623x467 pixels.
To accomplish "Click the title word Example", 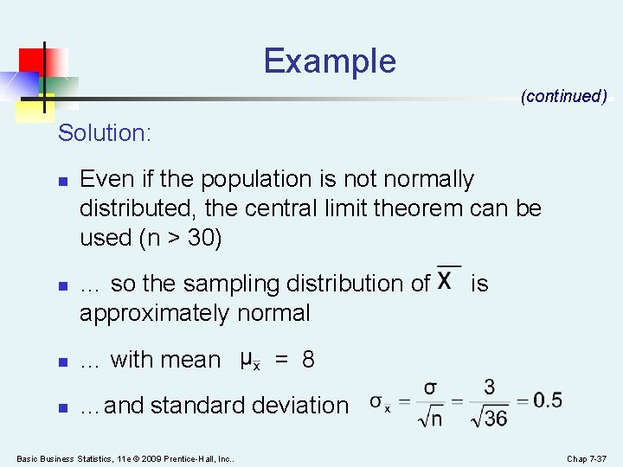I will click(330, 61).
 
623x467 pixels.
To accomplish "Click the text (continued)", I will click(563, 96).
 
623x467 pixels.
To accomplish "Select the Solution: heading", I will click(105, 133).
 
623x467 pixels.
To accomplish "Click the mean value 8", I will click(308, 360).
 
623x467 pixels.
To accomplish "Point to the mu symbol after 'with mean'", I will click(247, 358).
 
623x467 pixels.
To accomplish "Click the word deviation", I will click(298, 406).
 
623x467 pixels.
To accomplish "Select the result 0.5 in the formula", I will click(547, 400).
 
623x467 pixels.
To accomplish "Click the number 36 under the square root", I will click(496, 419).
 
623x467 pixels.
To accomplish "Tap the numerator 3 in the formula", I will click(490, 387).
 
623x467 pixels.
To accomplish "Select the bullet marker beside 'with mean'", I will click(61, 360).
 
